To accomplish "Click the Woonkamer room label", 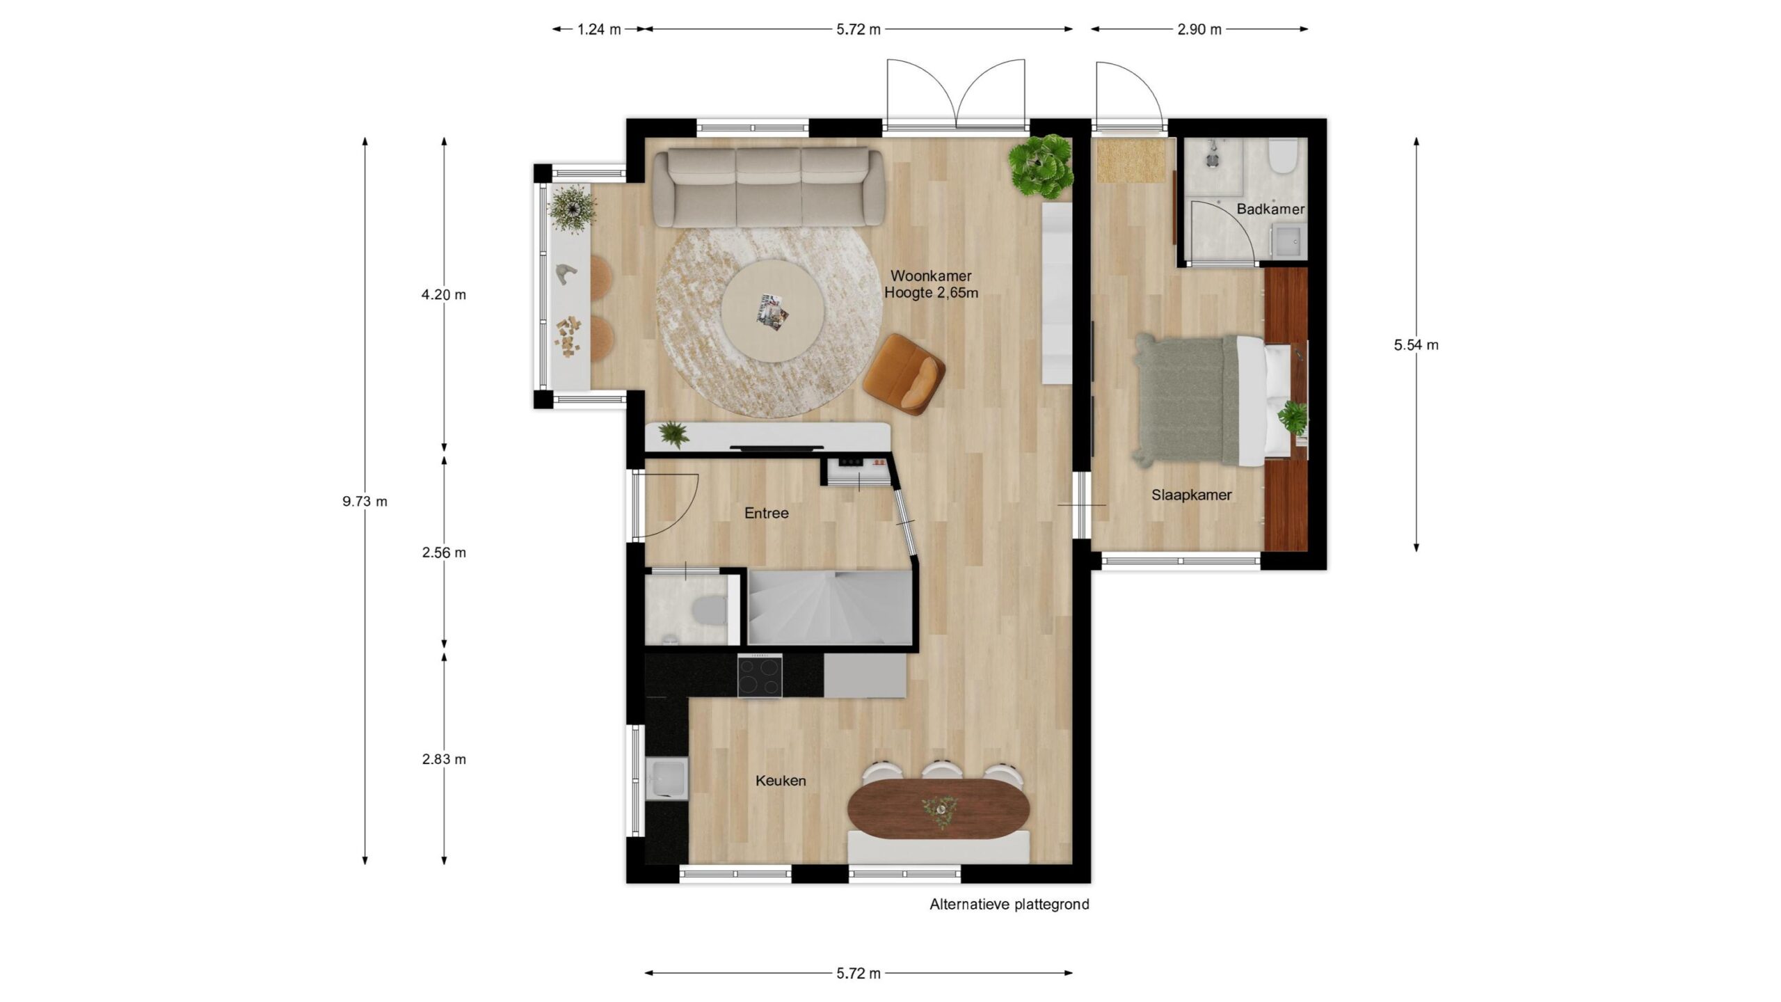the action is pos(931,276).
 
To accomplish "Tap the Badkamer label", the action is pos(1270,209).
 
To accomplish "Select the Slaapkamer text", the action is pos(1191,495).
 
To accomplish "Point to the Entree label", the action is pos(767,514).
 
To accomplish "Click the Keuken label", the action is pos(781,781).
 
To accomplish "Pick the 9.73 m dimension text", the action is pos(365,501).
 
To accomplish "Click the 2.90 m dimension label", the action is pos(1199,29).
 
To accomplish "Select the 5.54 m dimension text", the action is pos(1416,344).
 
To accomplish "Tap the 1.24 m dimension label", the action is pos(599,29).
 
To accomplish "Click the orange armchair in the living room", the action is pos(903,374).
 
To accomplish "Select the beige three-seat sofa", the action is pos(768,188).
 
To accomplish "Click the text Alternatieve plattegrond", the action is pos(1009,905).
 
